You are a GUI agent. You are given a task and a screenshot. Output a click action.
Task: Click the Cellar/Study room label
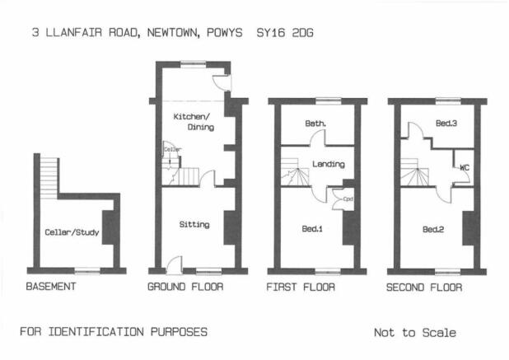(x=72, y=232)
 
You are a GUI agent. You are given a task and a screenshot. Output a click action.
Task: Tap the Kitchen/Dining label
(x=194, y=122)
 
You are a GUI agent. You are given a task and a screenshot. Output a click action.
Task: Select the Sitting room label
(x=194, y=224)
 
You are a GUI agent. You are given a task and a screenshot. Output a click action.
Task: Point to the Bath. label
(x=315, y=124)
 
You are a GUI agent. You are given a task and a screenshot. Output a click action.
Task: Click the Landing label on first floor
(x=329, y=164)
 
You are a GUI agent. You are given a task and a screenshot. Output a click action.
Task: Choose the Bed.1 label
(x=312, y=229)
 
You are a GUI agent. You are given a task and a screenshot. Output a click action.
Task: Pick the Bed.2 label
(x=433, y=230)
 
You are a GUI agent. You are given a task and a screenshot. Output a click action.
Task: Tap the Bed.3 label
(x=446, y=123)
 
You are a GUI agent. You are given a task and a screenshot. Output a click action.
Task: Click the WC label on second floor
(x=465, y=168)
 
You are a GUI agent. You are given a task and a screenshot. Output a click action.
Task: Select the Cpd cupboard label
(x=348, y=199)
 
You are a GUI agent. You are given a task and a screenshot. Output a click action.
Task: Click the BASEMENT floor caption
(x=51, y=287)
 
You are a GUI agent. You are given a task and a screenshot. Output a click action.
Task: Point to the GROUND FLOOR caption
(x=185, y=287)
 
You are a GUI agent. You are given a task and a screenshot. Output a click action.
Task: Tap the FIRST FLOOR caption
(x=301, y=287)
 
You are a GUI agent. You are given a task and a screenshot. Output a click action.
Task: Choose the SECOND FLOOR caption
(x=424, y=288)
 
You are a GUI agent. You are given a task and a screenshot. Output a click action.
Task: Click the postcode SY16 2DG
(x=285, y=33)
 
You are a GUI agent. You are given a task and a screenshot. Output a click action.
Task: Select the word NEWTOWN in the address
(x=173, y=33)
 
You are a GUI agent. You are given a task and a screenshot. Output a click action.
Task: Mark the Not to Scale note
(x=415, y=333)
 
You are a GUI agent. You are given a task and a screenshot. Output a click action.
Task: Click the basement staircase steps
(x=49, y=179)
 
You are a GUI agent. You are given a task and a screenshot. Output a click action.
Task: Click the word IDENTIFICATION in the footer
(x=96, y=332)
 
